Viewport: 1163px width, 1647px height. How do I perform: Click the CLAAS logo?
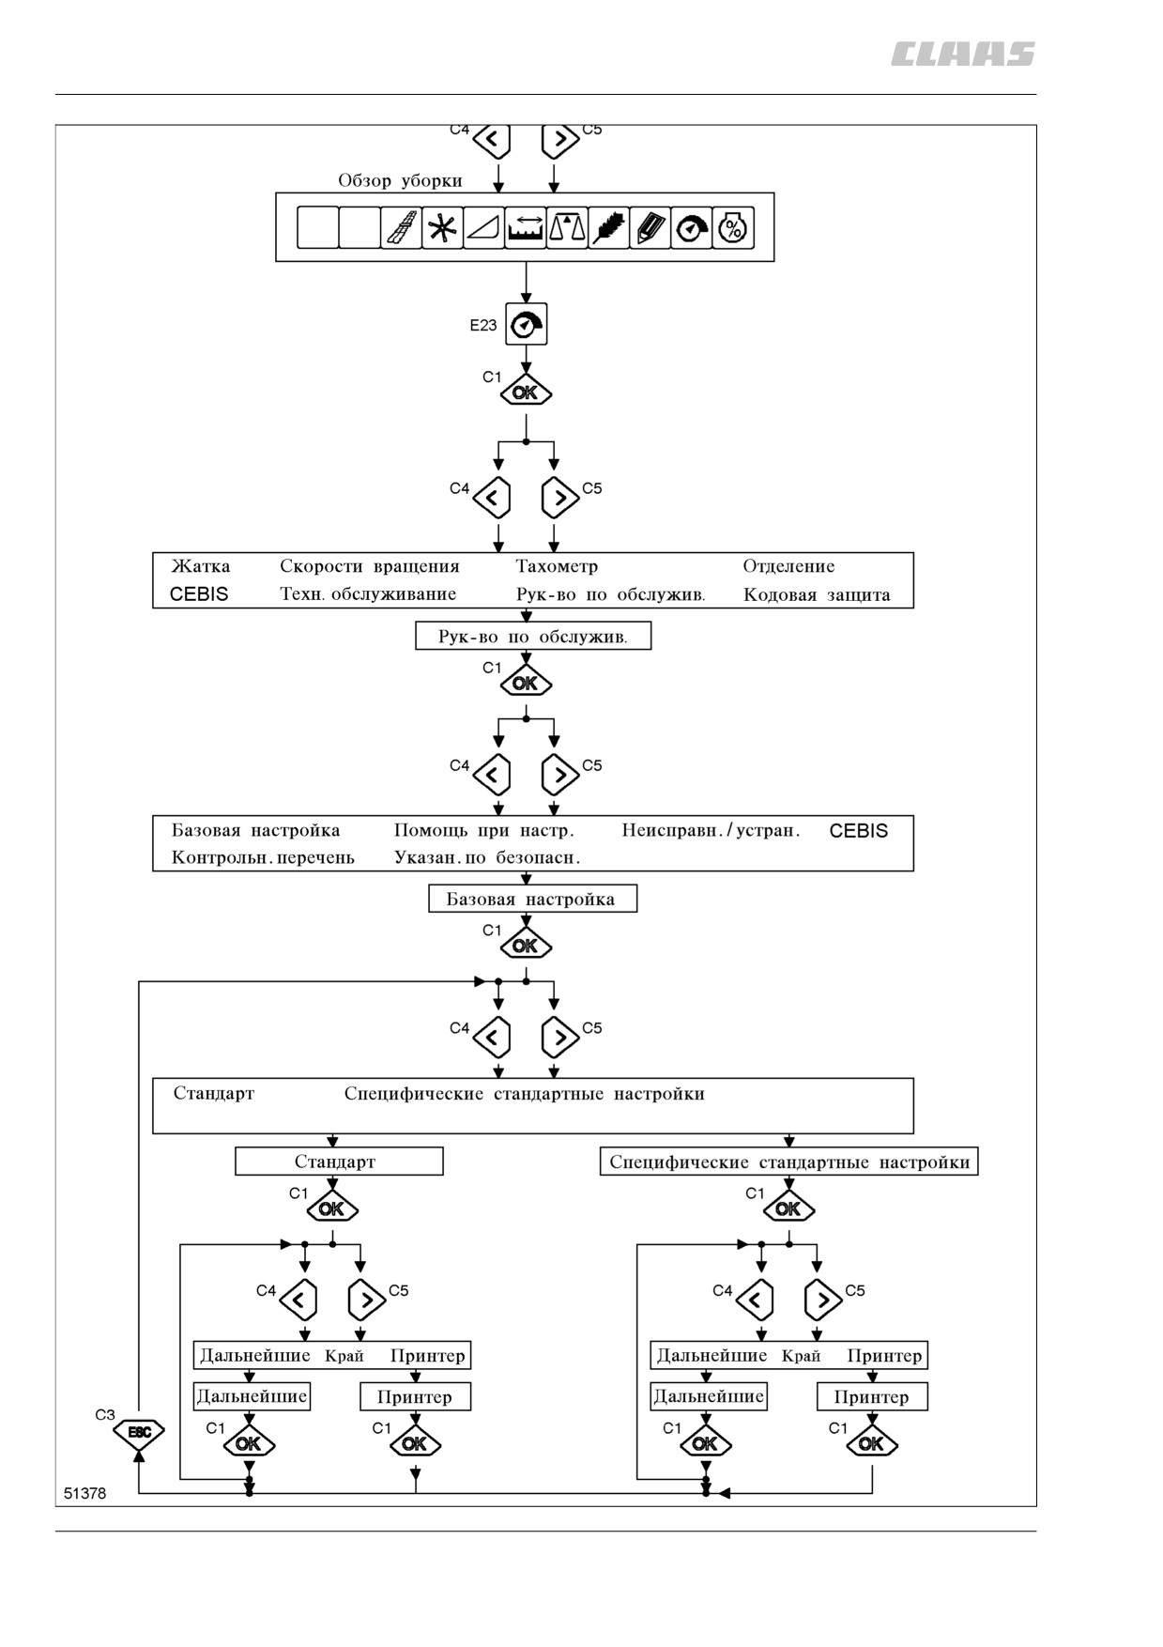962,54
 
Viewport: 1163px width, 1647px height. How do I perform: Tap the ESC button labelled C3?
139,1432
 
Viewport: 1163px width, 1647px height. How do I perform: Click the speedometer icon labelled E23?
526,325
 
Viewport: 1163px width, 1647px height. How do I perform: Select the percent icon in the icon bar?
733,227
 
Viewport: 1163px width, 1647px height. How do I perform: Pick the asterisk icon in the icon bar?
442,227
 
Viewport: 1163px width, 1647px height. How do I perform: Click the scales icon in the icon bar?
567,227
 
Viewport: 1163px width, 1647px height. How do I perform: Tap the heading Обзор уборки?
400,180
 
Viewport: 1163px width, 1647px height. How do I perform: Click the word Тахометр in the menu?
557,566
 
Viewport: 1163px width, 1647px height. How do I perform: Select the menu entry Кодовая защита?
817,594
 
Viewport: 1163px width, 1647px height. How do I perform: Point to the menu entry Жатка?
201,566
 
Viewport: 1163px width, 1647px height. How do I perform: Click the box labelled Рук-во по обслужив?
533,637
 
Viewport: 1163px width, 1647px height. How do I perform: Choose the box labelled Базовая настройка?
532,899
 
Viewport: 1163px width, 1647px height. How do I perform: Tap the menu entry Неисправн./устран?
711,830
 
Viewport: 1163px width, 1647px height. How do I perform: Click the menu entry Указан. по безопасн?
487,857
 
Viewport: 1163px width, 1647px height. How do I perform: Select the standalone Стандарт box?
339,1162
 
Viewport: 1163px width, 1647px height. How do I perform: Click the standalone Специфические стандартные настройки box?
788,1162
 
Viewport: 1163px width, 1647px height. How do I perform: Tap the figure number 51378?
85,1493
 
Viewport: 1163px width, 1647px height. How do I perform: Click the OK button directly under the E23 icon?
526,393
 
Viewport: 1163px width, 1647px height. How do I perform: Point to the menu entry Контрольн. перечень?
263,857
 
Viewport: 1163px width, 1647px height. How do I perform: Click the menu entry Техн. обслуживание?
368,594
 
